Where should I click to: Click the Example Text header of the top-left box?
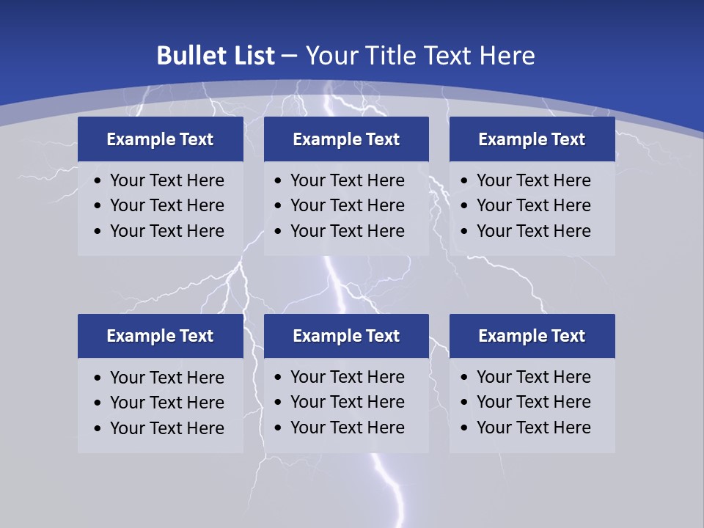pos(160,139)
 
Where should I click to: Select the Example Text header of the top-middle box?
pos(346,139)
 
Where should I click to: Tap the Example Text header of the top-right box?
pos(532,139)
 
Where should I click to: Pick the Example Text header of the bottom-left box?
pos(160,336)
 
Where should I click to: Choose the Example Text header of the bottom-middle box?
pos(346,336)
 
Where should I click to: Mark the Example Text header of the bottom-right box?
pos(532,336)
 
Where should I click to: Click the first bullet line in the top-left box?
pos(166,180)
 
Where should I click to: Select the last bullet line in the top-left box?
pos(166,231)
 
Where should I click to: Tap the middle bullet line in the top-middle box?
pos(347,205)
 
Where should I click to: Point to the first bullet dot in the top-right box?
pos(464,181)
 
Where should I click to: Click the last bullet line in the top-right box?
pos(533,231)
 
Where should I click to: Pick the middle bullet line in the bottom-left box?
pos(166,403)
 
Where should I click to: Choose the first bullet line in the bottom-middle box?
pos(347,377)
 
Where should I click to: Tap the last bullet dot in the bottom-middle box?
pos(278,428)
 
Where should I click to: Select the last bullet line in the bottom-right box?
pos(533,428)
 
